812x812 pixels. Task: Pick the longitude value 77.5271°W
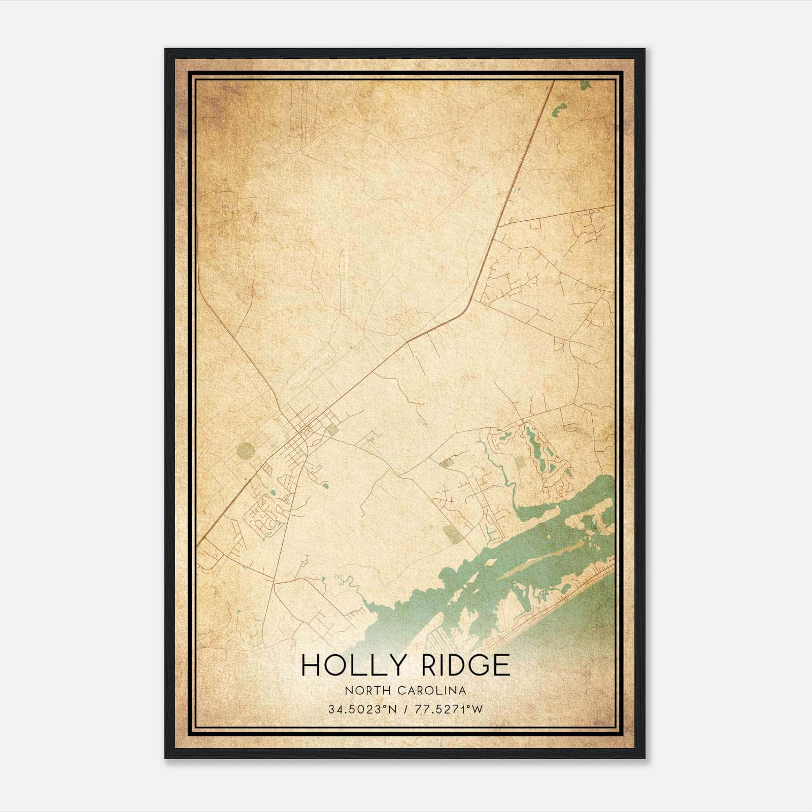tap(449, 709)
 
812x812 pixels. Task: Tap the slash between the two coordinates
tap(404, 709)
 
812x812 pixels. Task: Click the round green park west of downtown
tap(246, 450)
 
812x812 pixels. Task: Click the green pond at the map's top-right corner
tap(585, 85)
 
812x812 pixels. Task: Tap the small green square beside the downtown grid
tap(332, 429)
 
